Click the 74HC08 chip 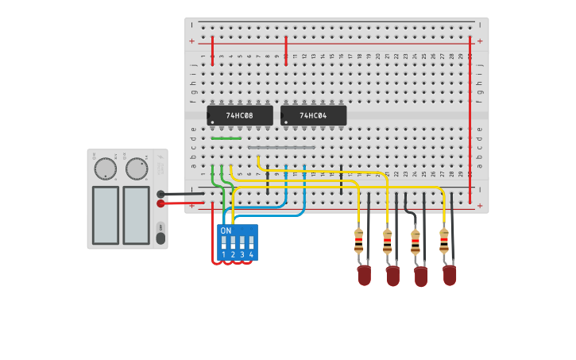point(239,116)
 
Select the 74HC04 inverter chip point(313,116)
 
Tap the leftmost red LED point(364,275)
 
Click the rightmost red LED point(450,275)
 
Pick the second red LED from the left point(392,276)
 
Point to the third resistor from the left point(416,241)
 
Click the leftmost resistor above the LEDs point(358,239)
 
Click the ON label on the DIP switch point(226,230)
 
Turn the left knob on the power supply point(105,168)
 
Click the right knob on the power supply point(137,168)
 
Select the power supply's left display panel point(105,215)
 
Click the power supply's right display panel point(136,215)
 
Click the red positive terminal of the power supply point(160,203)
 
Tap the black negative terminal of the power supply point(160,194)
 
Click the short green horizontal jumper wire point(226,138)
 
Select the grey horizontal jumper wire point(281,147)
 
